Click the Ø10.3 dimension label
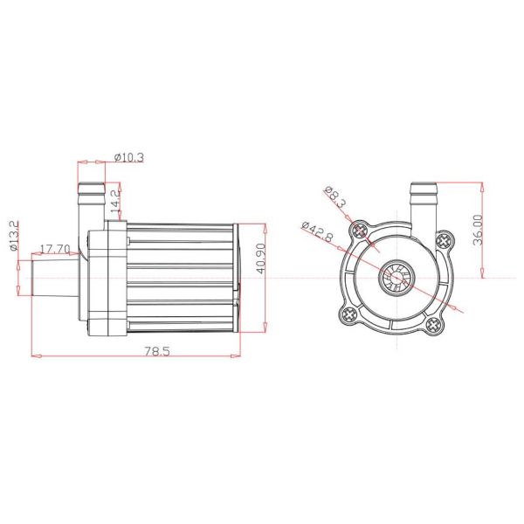point(129,158)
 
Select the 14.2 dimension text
point(117,202)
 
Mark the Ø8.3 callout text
point(335,197)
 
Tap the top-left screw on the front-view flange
point(359,231)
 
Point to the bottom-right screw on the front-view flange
point(434,327)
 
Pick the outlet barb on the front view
point(423,201)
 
